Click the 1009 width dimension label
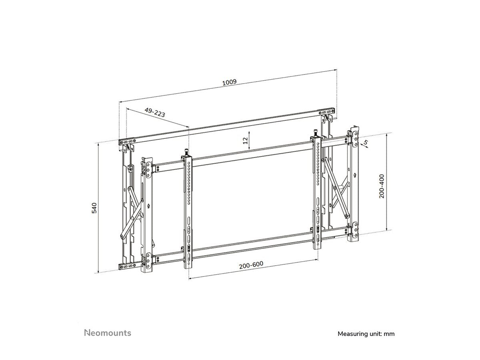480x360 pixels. [229, 82]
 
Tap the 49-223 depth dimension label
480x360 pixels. [155, 112]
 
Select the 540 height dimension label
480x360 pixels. [94, 208]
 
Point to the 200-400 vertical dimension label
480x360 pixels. [382, 186]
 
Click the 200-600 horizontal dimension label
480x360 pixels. [251, 265]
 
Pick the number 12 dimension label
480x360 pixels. [246, 140]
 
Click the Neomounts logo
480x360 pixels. [108, 333]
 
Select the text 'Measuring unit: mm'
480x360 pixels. [366, 334]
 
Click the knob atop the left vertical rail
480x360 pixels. [186, 152]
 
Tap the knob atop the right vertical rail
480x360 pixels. [315, 132]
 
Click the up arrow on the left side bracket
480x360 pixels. [148, 206]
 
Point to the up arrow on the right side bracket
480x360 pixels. [354, 175]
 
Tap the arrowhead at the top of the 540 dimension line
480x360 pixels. [98, 144]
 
